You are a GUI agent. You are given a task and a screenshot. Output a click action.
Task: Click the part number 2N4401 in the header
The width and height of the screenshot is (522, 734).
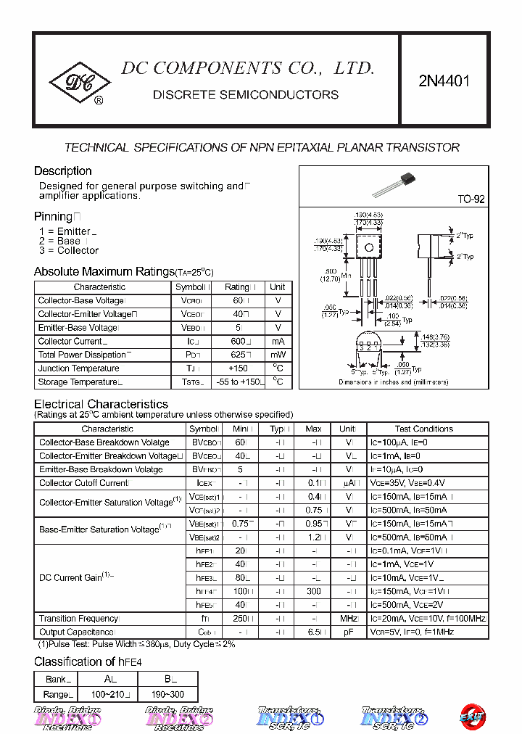444,81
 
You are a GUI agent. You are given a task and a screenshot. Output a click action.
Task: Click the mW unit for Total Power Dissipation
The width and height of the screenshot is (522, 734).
278,355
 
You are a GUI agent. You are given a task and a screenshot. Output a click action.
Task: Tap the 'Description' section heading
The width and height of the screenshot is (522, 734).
63,171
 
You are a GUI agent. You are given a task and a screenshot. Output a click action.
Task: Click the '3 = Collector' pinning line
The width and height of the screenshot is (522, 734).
69,250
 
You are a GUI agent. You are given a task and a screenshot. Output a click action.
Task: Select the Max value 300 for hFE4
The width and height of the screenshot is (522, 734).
313,591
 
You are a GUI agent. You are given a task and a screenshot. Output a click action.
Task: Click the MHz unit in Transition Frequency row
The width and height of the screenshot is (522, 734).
349,619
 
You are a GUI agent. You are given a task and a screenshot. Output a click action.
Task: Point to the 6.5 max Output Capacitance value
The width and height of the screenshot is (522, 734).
313,632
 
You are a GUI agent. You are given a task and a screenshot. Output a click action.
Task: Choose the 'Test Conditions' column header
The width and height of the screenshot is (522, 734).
423,429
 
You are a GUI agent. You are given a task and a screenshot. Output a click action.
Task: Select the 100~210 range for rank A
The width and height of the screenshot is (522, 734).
110,695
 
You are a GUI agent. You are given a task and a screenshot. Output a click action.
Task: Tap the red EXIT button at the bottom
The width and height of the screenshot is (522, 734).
471,716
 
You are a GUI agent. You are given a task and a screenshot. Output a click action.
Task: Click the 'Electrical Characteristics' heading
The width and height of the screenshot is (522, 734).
101,404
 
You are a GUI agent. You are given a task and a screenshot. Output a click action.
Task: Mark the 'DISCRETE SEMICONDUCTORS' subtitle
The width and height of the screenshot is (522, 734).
246,95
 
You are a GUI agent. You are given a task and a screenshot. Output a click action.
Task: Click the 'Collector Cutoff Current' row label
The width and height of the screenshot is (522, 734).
83,483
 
